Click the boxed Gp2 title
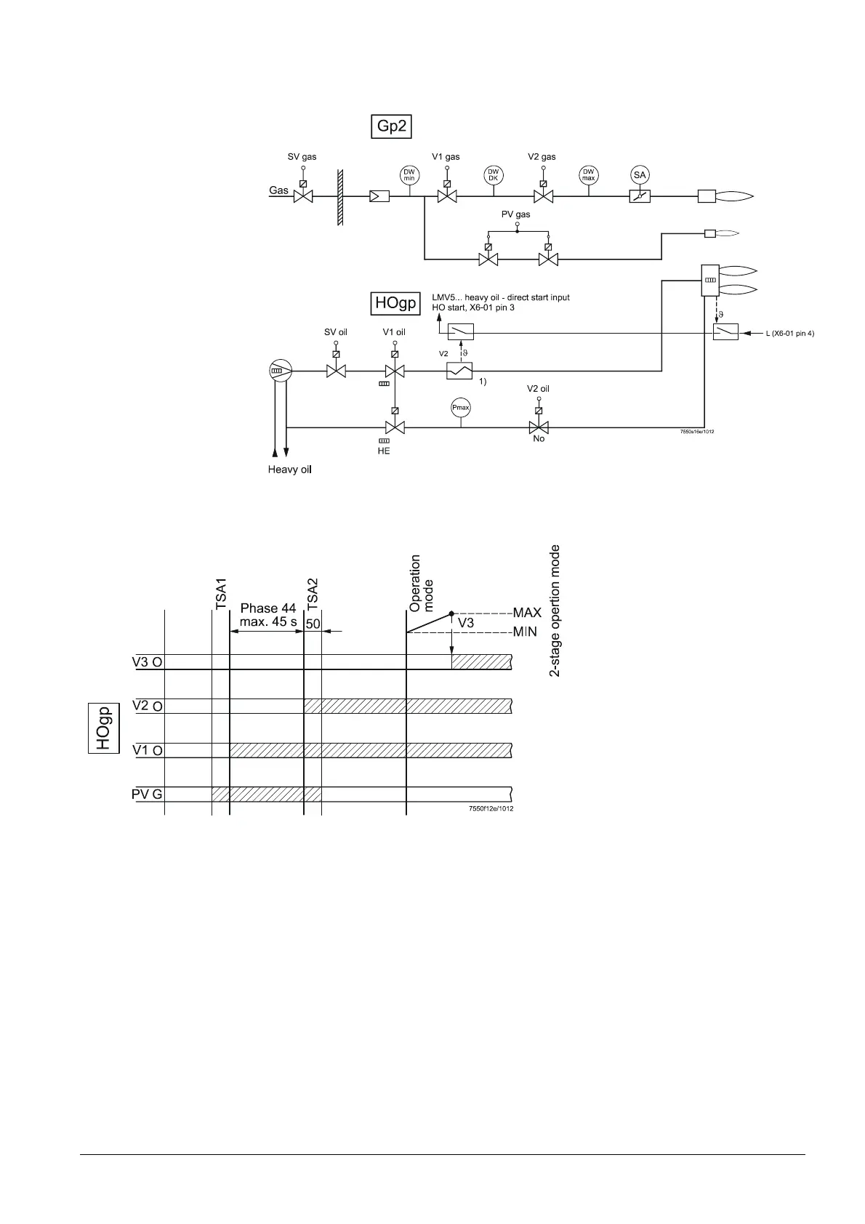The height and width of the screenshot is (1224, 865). click(391, 127)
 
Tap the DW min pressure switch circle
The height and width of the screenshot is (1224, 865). click(409, 174)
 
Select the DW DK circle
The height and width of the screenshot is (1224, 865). click(493, 174)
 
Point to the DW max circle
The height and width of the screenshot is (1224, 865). click(588, 174)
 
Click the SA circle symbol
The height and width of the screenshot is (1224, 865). click(640, 174)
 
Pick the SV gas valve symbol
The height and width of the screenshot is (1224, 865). click(303, 196)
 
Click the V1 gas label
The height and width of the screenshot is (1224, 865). click(446, 156)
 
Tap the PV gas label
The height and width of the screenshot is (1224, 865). click(516, 214)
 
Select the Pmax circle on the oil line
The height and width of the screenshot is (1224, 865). click(461, 408)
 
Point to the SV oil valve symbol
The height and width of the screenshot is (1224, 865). click(336, 371)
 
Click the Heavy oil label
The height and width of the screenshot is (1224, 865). click(289, 470)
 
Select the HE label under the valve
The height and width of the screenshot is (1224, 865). click(383, 451)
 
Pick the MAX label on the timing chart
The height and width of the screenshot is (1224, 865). click(527, 613)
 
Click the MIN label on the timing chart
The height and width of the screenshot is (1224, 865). click(525, 632)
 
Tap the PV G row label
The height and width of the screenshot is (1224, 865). click(147, 794)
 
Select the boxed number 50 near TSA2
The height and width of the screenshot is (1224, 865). click(313, 624)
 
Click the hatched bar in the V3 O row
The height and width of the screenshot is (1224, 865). click(482, 661)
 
